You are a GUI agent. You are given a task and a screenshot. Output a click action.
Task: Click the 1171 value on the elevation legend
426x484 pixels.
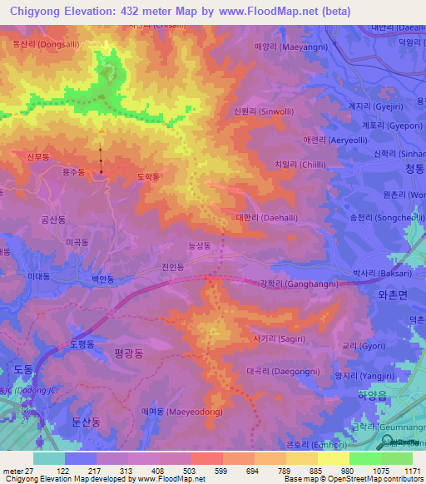pyautogui.click(x=412, y=471)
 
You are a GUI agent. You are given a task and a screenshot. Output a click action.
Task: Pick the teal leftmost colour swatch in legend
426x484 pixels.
pyautogui.click(x=48, y=458)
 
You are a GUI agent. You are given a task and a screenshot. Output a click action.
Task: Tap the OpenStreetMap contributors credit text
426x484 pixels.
pyautogui.click(x=381, y=479)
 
